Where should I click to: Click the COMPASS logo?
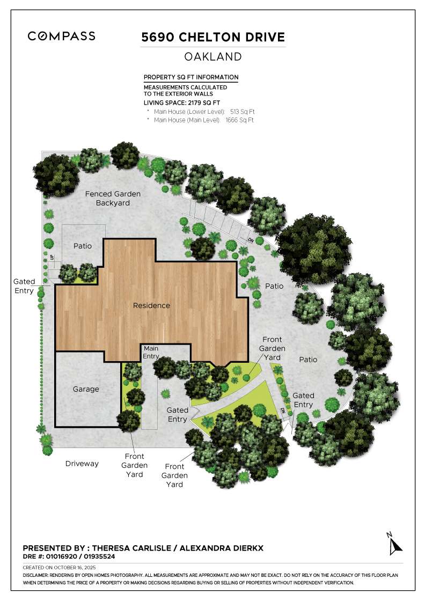[62, 36]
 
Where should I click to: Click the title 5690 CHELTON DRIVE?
[213, 37]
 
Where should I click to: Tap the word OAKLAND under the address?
[213, 56]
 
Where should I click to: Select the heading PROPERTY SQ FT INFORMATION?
[191, 77]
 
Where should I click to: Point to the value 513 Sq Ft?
[242, 112]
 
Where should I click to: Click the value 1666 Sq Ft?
[239, 120]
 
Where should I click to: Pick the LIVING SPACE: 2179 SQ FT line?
[182, 102]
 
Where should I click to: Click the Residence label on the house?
[151, 305]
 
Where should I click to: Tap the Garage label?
[86, 389]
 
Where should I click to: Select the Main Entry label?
[151, 353]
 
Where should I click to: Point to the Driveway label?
[82, 463]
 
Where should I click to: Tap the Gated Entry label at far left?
[24, 286]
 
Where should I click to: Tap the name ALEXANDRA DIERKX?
[221, 548]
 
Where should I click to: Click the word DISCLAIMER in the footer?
[36, 575]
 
